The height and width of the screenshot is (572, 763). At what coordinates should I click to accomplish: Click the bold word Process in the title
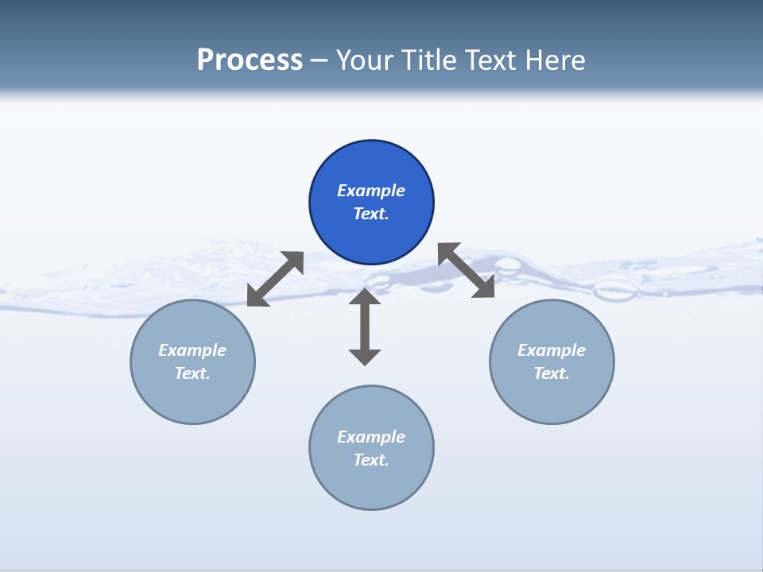[250, 60]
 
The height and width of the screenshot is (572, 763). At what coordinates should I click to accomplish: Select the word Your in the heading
[366, 60]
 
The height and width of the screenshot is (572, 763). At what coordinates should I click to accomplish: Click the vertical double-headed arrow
[365, 327]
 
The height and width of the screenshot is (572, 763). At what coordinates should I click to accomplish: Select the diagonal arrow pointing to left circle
[275, 279]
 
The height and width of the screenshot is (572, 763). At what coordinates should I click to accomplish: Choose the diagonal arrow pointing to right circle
[467, 270]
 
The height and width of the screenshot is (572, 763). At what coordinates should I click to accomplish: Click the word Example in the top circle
[371, 191]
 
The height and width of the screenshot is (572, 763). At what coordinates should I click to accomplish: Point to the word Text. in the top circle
[371, 214]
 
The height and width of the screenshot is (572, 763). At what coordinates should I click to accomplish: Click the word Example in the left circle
[192, 350]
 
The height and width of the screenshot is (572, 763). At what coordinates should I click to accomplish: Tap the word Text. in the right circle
[552, 373]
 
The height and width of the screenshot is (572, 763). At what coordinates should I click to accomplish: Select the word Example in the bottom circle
[371, 437]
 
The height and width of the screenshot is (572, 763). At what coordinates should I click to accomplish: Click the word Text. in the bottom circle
[371, 460]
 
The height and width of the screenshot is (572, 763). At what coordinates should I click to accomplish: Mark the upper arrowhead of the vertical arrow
[365, 297]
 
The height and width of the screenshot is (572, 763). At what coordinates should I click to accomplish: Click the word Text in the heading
[492, 60]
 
